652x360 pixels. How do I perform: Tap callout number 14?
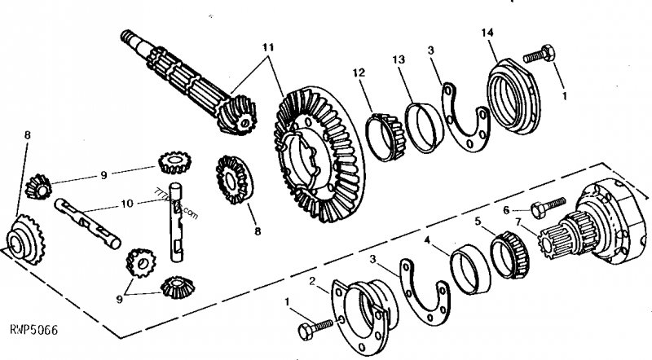click(488, 34)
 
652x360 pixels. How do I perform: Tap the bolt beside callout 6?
click(548, 204)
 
